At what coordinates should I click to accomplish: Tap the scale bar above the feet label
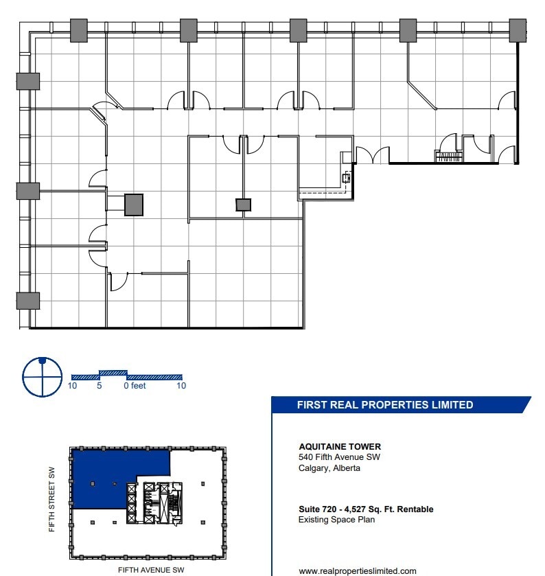tap(127, 376)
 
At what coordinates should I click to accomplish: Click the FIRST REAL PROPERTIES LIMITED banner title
tap(384, 405)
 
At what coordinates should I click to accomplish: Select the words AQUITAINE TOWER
tap(335, 447)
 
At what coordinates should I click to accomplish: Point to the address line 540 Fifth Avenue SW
tap(339, 458)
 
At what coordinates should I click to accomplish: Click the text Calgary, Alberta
tap(329, 468)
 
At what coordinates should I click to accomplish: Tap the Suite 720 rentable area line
tap(366, 509)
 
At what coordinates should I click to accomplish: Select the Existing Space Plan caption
tap(336, 520)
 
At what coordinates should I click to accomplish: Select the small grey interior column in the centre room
tap(243, 205)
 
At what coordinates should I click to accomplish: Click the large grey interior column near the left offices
tap(134, 205)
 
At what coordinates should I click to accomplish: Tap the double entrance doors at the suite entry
tap(373, 155)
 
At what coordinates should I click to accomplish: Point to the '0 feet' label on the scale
tap(135, 386)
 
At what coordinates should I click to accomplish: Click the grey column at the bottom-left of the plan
tap(27, 301)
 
